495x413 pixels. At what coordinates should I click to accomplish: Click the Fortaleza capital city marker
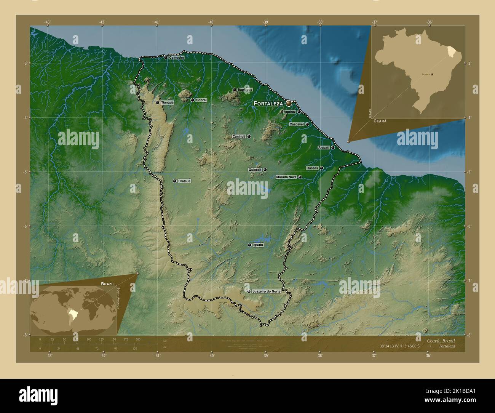289,103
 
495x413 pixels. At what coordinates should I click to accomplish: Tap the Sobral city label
201,100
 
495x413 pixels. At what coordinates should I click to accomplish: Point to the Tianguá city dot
157,102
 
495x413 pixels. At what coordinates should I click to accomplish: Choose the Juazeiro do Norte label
266,291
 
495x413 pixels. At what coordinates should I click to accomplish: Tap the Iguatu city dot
249,245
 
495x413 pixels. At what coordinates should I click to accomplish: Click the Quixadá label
255,170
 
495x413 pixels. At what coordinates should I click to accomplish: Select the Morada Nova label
286,177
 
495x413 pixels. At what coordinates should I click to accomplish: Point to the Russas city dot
321,168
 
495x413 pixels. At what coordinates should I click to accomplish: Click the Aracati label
323,147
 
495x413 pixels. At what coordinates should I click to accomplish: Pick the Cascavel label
296,124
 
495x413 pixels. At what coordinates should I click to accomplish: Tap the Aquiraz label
289,112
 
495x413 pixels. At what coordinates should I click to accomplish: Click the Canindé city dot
249,136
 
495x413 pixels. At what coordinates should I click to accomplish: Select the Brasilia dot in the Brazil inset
432,75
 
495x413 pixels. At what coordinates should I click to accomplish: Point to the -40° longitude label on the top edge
211,22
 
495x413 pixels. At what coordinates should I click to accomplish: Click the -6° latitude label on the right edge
469,226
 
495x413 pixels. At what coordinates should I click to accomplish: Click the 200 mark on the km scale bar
138,339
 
